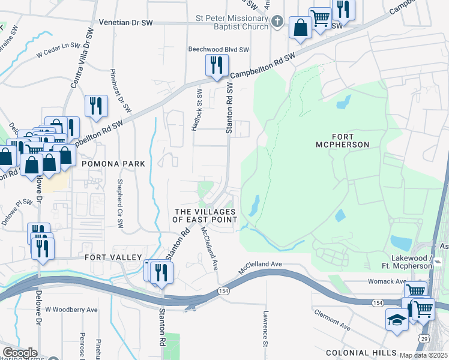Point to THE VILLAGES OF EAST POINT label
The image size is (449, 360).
coord(205,216)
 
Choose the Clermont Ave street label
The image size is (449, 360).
coord(331,320)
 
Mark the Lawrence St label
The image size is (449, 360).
coord(264,328)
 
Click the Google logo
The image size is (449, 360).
coord(20,353)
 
